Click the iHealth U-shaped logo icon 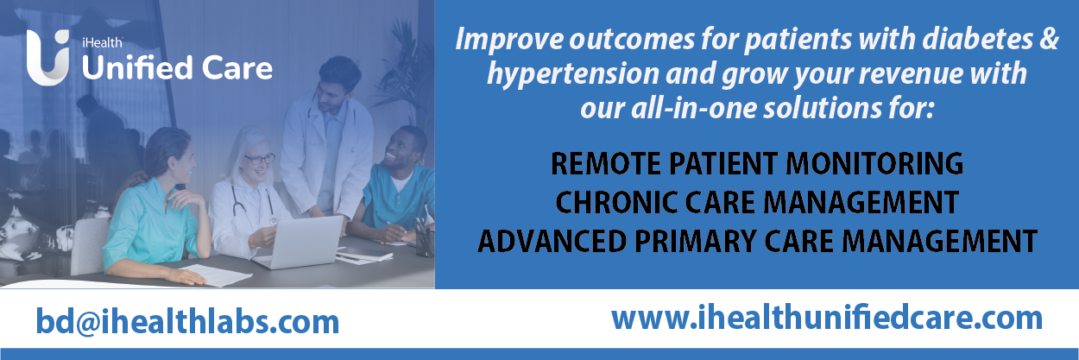tap(47, 58)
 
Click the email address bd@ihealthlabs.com tap(188, 321)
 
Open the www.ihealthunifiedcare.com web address tap(827, 318)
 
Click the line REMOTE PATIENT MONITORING tap(757, 163)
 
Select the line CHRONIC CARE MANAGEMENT tap(757, 202)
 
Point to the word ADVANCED tap(552, 241)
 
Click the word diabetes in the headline tap(978, 39)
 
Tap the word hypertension tap(573, 73)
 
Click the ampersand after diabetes tap(1049, 39)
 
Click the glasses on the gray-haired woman tap(259, 159)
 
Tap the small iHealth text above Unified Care tap(102, 43)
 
